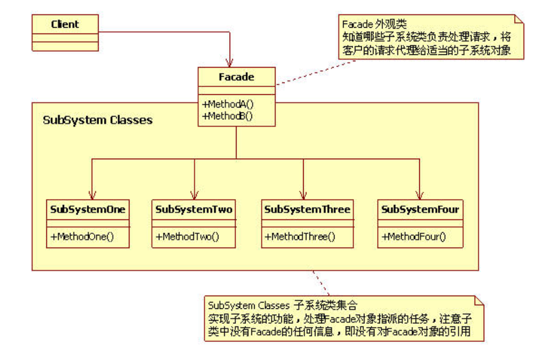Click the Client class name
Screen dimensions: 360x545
tap(64, 24)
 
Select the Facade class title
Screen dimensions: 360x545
tap(236, 77)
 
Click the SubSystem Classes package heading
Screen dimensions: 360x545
tap(97, 120)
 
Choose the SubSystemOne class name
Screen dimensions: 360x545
tap(88, 209)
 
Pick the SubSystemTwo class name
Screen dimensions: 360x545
tap(194, 209)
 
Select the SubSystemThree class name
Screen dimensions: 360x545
tap(307, 209)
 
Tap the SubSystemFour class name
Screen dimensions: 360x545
tap(420, 209)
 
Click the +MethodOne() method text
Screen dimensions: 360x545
tap(83, 236)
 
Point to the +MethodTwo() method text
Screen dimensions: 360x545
tap(188, 236)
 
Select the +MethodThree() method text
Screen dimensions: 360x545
tap(300, 236)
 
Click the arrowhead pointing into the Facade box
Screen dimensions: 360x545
tap(230, 62)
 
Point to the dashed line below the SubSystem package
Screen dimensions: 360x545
tap(320, 282)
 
